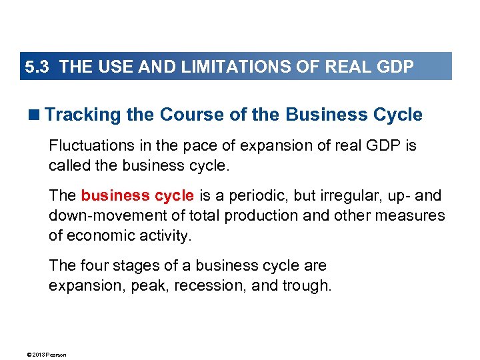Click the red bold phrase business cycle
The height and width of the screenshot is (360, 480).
tap(137, 196)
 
